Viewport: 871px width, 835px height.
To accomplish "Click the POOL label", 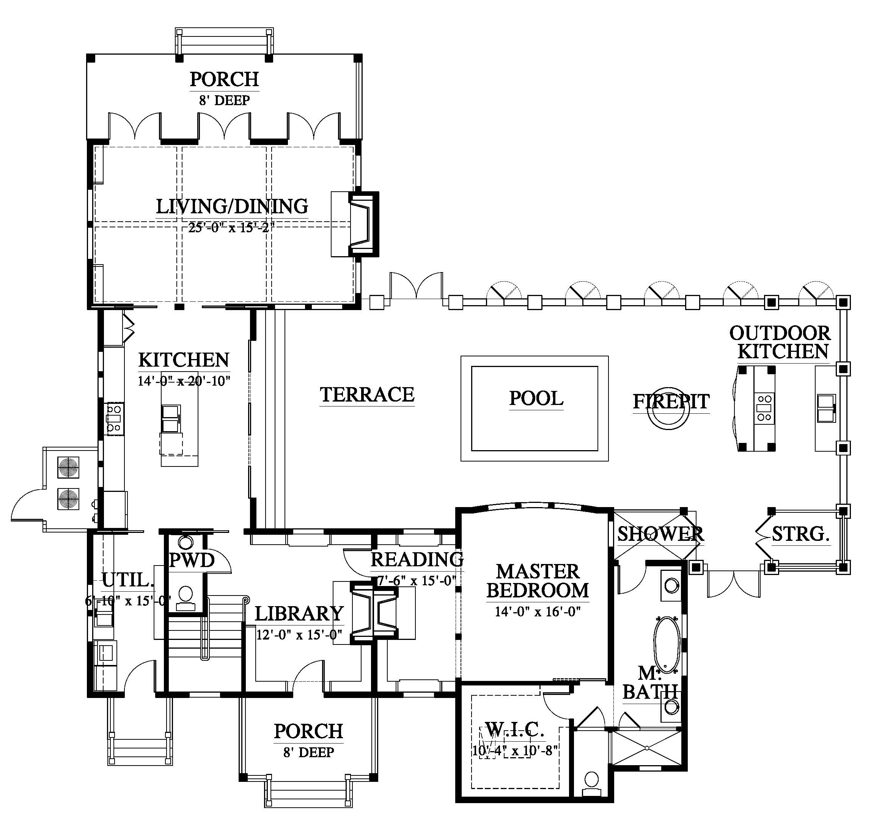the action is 536,399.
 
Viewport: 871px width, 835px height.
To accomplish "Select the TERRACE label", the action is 367,394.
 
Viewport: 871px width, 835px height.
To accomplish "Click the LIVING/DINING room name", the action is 232,206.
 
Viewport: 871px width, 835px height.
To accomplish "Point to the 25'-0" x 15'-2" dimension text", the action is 229,228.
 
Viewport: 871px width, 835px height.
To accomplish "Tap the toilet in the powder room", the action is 185,599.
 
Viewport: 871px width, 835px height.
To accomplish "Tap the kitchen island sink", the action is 171,418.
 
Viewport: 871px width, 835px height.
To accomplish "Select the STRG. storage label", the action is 801,534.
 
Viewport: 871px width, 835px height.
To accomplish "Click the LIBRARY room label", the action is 299,614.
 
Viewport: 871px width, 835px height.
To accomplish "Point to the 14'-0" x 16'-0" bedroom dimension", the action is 538,612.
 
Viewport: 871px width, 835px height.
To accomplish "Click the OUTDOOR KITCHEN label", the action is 780,342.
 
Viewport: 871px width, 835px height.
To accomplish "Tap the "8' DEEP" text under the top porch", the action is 225,100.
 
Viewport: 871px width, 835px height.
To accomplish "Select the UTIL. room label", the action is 128,580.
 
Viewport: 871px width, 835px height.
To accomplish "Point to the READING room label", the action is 417,560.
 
